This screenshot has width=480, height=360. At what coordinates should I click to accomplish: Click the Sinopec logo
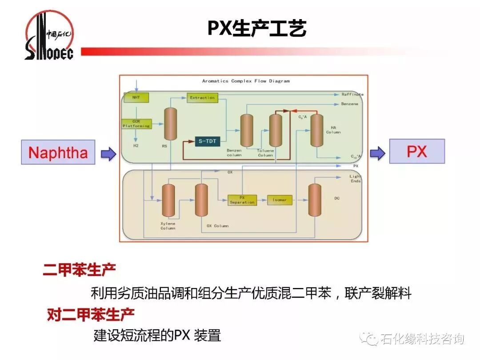tap(49, 36)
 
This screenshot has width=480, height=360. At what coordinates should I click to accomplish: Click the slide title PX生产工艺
tap(256, 28)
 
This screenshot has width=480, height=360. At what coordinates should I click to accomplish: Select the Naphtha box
tap(58, 152)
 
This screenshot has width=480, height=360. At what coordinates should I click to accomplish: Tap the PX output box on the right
tap(416, 151)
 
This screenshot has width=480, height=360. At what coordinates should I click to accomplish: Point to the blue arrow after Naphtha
tap(108, 154)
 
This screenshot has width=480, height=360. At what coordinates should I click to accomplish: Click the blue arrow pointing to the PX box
tap(378, 153)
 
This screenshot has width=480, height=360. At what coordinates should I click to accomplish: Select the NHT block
tap(136, 97)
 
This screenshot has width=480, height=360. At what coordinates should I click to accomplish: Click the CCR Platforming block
tap(136, 124)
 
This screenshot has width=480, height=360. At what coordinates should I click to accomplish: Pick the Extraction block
tap(202, 98)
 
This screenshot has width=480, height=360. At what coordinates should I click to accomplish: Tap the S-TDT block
tap(208, 141)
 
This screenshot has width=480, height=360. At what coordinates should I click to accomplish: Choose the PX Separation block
tap(242, 200)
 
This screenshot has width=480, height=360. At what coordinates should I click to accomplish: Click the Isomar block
tap(280, 200)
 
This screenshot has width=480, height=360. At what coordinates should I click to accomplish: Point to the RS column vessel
tap(170, 124)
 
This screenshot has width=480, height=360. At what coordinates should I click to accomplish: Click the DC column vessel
tap(315, 200)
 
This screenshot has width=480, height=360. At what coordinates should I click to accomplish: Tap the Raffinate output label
tap(352, 94)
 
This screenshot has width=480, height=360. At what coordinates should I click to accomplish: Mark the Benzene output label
tap(349, 104)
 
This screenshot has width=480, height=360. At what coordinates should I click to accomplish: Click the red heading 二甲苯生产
tap(80, 270)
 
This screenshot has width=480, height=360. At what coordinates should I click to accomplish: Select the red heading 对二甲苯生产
tap(91, 315)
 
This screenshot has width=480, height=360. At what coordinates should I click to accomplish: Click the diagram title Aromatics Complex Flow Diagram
tap(246, 81)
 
